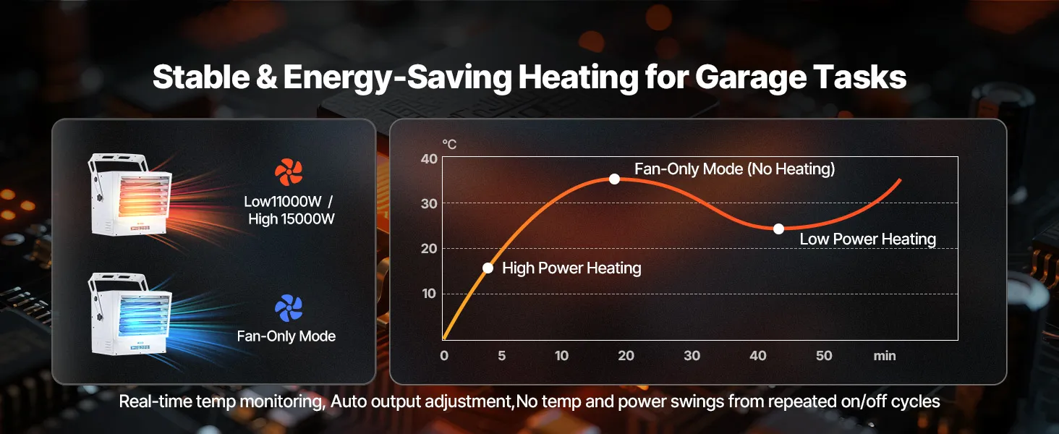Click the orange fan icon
coord(289,172)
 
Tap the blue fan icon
coord(289,308)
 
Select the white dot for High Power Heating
coord(488,268)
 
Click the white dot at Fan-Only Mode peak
coord(614,179)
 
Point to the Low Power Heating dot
coord(778,229)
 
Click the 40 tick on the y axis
coord(429,158)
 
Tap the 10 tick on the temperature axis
coord(429,294)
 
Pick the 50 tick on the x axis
coord(823,356)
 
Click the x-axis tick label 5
coord(501,356)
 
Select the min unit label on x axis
coord(884,356)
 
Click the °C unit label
coord(449,145)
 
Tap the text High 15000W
coord(292,219)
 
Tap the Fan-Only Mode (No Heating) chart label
coord(734,169)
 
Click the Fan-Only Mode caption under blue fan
coord(286,336)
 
